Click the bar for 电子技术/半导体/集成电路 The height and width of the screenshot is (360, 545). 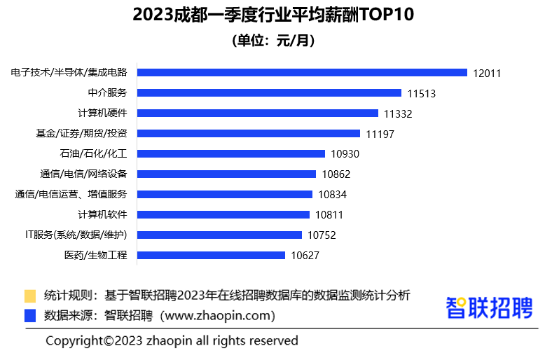coord(302,72)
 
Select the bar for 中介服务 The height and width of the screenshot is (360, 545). coord(269,92)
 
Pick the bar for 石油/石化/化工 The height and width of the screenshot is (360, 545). coord(231,153)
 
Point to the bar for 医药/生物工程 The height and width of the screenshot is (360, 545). coord(211,255)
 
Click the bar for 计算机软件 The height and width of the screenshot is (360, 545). coord(223,214)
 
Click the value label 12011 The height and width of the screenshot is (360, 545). coord(487,73)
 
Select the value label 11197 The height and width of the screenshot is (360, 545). coord(380,134)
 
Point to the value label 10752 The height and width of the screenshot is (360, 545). coord(322,235)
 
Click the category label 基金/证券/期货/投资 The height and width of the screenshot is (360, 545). coord(81,133)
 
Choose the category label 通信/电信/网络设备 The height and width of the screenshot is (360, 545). coord(83,174)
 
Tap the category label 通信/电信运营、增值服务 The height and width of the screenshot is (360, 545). coord(71,194)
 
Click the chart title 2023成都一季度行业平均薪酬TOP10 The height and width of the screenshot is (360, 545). coord(272,15)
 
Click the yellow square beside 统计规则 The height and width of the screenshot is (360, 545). coord(30,296)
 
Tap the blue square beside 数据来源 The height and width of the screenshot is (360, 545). coord(30,316)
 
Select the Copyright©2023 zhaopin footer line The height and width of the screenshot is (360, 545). coord(172,341)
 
